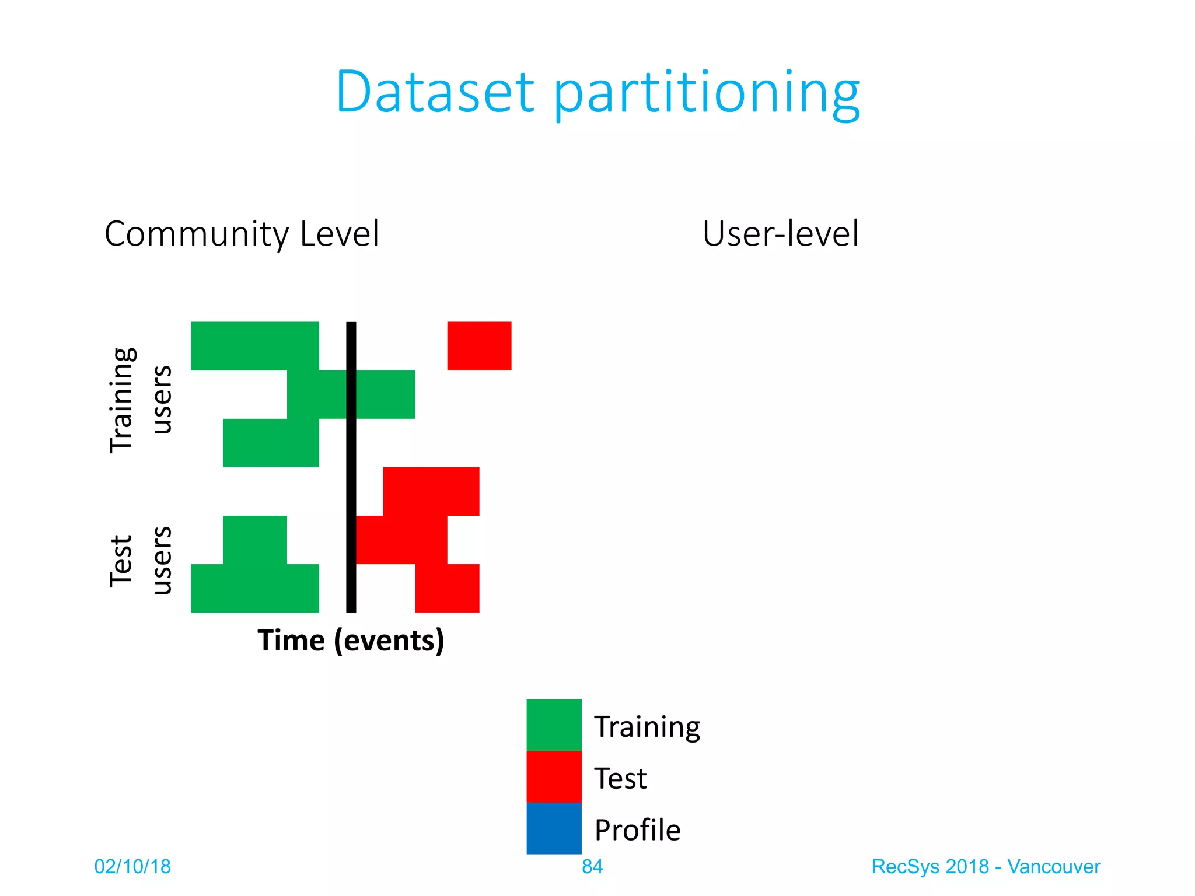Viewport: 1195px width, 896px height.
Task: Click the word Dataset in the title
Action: (435, 92)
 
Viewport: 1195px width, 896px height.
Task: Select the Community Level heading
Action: (242, 234)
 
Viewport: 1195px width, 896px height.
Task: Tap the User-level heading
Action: (780, 234)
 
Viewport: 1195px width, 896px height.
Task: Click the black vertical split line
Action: (351, 467)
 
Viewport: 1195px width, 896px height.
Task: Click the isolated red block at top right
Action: (479, 345)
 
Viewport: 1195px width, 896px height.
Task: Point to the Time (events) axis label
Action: (351, 640)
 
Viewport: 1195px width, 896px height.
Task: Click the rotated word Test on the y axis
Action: (121, 561)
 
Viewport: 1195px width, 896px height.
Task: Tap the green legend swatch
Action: (554, 724)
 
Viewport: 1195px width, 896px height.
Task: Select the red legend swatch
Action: (554, 776)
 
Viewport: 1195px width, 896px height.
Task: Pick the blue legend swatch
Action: (554, 828)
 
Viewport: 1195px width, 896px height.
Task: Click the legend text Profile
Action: (637, 829)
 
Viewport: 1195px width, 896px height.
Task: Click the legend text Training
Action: (647, 727)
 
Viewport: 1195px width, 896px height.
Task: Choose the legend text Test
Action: (620, 778)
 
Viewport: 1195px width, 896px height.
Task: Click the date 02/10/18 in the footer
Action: (132, 867)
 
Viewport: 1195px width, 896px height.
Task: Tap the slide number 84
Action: (592, 867)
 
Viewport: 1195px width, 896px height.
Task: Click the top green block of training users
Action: (254, 345)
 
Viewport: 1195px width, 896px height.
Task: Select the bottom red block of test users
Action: (447, 588)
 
